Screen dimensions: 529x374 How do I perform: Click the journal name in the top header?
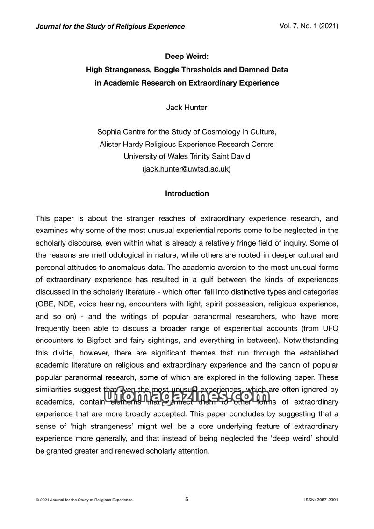tap(110, 26)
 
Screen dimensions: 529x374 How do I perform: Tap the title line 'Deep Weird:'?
tap(187, 57)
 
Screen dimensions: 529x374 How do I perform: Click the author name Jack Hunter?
tap(187, 107)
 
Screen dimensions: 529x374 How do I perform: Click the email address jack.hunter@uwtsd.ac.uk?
tap(187, 169)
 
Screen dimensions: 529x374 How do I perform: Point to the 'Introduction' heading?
tap(187, 193)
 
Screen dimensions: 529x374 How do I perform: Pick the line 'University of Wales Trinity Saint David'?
tap(187, 156)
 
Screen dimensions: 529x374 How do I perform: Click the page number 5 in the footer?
tap(187, 499)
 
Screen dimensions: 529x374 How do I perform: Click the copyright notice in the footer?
tap(84, 500)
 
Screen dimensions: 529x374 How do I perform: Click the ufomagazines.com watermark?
tap(187, 397)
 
